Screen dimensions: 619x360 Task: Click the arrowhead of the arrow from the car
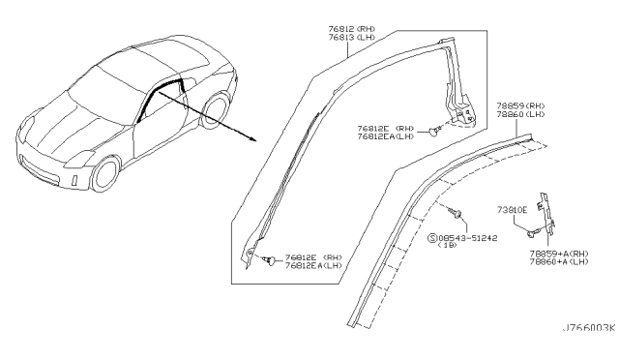tap(252, 138)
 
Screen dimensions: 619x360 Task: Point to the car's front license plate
tap(75, 180)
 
